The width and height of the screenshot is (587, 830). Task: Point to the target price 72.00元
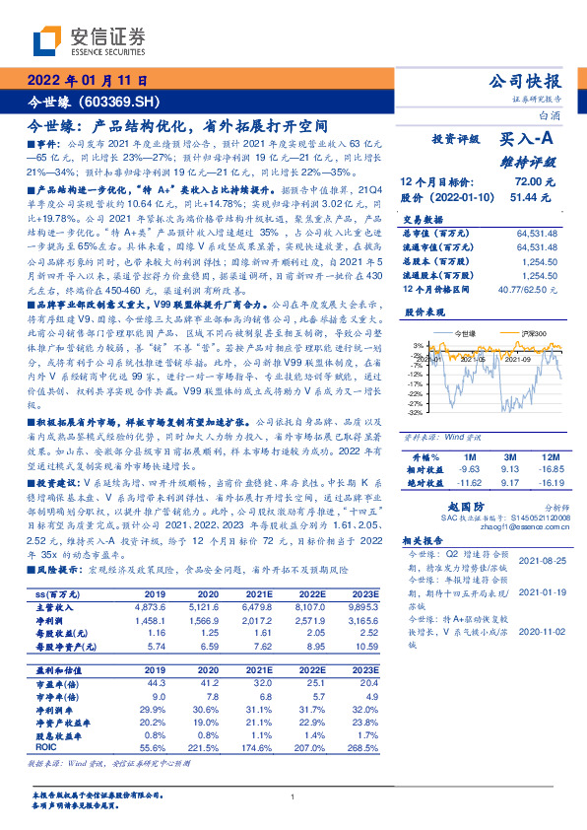click(528, 182)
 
